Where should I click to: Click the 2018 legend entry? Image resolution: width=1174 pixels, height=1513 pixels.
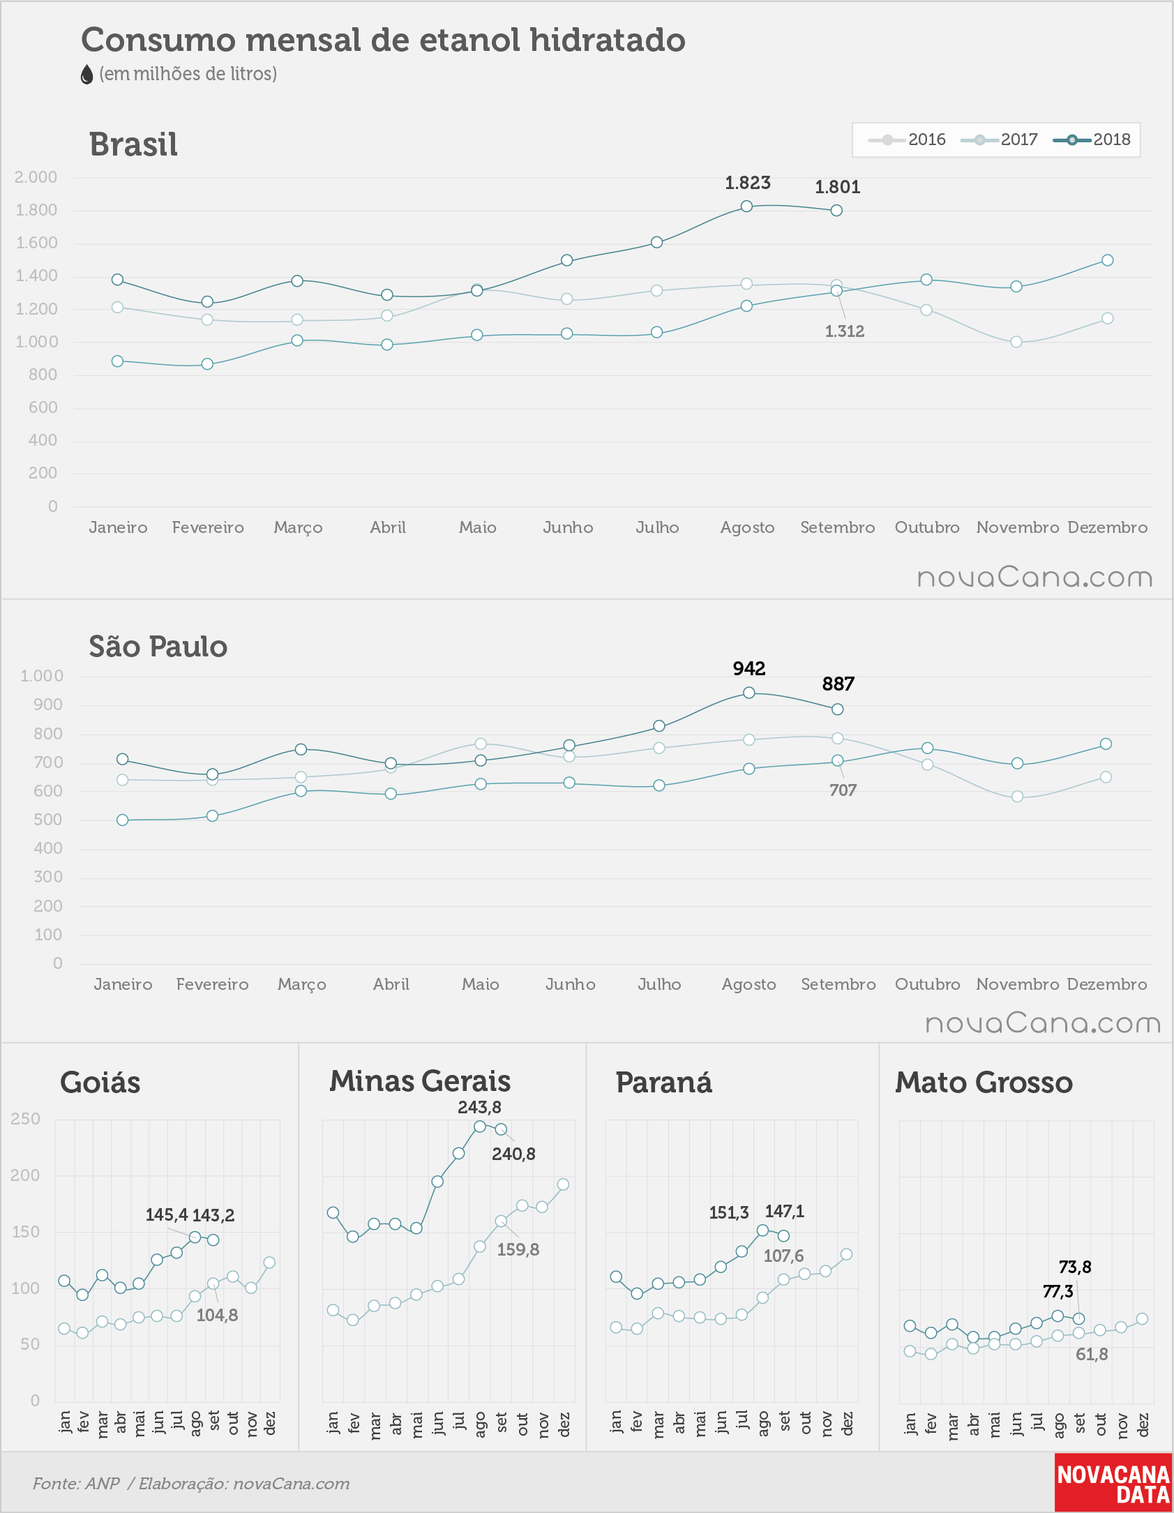click(x=1092, y=140)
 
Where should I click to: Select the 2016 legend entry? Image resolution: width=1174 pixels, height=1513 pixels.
click(x=907, y=140)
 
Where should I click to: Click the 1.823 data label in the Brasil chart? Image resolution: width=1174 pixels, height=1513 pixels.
click(x=748, y=183)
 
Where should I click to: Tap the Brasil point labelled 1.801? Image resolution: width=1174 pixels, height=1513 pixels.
click(x=836, y=210)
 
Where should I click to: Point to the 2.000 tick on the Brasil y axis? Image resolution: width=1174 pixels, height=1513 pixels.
click(x=36, y=177)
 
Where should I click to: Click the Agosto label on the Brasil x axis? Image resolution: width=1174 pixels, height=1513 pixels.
click(x=748, y=527)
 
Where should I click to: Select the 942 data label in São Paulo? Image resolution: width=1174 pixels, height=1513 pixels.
click(x=749, y=668)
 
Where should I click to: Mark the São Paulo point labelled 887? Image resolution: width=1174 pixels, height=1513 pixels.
click(x=838, y=709)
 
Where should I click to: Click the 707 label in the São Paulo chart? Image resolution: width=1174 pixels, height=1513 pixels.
click(x=843, y=790)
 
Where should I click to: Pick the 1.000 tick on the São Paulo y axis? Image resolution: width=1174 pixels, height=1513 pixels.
click(x=42, y=676)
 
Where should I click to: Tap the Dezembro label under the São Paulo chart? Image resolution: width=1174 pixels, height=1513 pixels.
click(x=1107, y=984)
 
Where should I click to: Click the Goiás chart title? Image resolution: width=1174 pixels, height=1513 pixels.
click(x=100, y=1083)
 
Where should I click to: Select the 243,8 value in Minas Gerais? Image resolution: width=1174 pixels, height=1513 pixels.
click(x=479, y=1107)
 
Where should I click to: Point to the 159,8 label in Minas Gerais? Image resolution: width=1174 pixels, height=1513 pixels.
click(x=518, y=1249)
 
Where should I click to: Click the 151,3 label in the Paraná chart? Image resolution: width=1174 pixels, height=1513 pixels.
click(x=729, y=1212)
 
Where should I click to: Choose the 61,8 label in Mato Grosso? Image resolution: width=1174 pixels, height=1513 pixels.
click(x=1092, y=1354)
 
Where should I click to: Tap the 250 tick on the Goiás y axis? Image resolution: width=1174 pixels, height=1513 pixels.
click(x=26, y=1119)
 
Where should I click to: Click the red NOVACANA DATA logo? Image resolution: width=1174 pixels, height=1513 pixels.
click(x=1113, y=1483)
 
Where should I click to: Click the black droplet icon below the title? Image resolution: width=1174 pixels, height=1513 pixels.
click(x=86, y=75)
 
